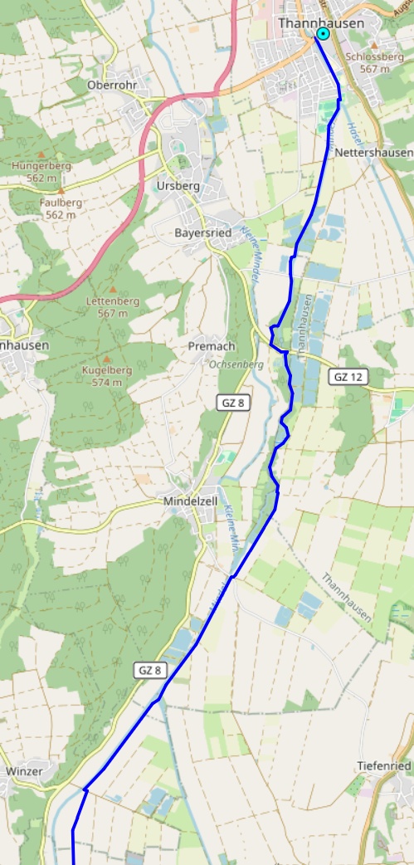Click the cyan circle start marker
[x=322, y=34]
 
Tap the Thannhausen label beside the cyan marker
[x=320, y=23]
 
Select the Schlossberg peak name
[x=369, y=57]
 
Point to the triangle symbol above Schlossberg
[x=373, y=46]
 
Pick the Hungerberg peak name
[x=41, y=165]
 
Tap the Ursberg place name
[x=178, y=186]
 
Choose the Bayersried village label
[x=202, y=232]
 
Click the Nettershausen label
[x=373, y=154]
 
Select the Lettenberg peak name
[x=112, y=301]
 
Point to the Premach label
[x=212, y=345]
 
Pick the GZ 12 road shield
[x=348, y=377]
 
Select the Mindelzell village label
[x=190, y=501]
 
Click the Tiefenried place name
[x=383, y=765]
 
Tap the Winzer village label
[x=23, y=771]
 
